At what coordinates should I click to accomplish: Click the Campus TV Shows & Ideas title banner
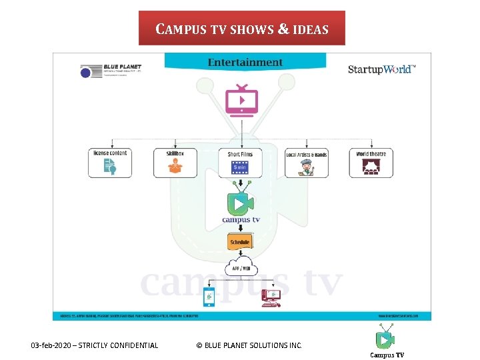pos(241,29)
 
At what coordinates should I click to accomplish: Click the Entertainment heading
pos(245,62)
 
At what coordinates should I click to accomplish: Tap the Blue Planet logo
pos(111,71)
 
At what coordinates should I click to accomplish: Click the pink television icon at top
pos(241,100)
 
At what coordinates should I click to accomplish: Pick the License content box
pos(110,163)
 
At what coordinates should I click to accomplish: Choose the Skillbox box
pos(175,163)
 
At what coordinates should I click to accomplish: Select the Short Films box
pos(241,163)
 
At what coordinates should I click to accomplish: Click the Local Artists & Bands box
pos(307,163)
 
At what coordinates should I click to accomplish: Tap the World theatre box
pos(371,163)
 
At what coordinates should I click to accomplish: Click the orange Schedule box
pos(240,242)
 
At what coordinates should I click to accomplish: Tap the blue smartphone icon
pos(209,297)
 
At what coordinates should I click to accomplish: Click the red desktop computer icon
pos(271,297)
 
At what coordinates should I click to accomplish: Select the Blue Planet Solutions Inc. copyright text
pos(249,345)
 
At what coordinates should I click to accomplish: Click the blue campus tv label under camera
pos(241,219)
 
